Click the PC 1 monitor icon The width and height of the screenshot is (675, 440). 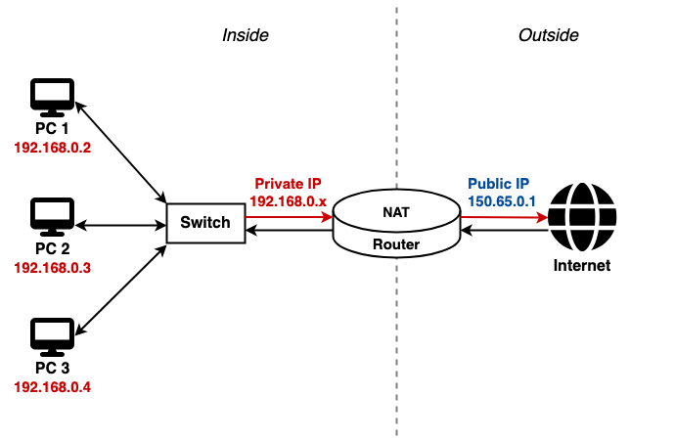coord(52,98)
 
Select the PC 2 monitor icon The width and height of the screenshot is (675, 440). coord(52,217)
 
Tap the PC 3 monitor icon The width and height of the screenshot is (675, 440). coord(52,337)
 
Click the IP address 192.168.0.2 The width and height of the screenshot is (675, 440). coord(53,148)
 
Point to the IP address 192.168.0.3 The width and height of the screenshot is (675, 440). coord(53,268)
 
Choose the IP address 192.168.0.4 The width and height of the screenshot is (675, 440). coord(53,387)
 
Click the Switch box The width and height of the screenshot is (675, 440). coord(205,223)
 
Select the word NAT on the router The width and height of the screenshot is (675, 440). coord(396,212)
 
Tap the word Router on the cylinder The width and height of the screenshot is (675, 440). coord(396,244)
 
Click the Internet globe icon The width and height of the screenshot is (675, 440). coord(582,217)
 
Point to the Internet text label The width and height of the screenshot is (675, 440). coord(582,265)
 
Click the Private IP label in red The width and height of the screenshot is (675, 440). coord(288,184)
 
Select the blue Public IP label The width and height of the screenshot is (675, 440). coord(499,184)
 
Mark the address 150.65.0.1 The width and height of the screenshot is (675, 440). coord(502,201)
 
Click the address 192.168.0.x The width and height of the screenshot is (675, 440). coord(288,201)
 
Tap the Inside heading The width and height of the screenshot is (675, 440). coord(246,35)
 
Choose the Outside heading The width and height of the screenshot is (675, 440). coord(549,35)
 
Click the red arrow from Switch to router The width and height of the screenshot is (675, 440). coord(289,217)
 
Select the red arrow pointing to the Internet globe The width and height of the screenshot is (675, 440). coord(504,217)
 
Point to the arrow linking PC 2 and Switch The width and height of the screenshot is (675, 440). coord(120,225)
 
